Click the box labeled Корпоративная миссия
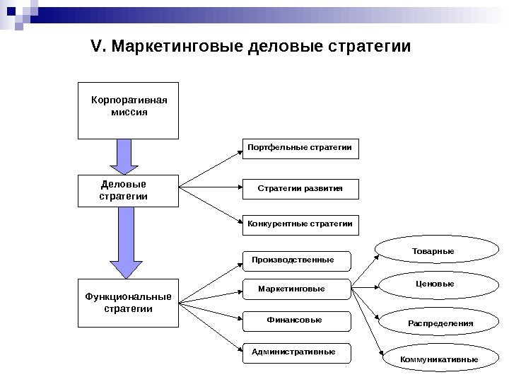pyautogui.click(x=128, y=112)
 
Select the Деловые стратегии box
pyautogui.click(x=128, y=190)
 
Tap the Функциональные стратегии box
pyautogui.click(x=128, y=303)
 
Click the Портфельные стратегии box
pyautogui.click(x=300, y=148)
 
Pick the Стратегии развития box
pyautogui.click(x=300, y=189)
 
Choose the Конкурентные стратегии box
pyautogui.click(x=300, y=224)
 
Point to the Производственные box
pyautogui.click(x=297, y=260)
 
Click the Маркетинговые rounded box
pyautogui.click(x=297, y=289)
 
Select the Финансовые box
pyautogui.click(x=297, y=320)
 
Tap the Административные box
pyautogui.click(x=297, y=352)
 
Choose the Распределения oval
pyautogui.click(x=440, y=323)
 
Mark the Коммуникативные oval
pyautogui.click(x=440, y=359)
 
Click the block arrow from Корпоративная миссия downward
pyautogui.click(x=124, y=156)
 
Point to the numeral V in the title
pyautogui.click(x=97, y=47)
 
